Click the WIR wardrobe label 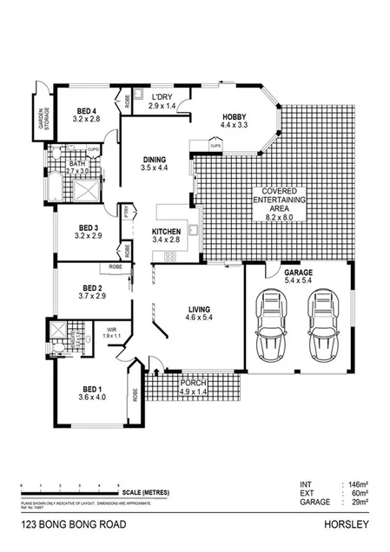coord(111,332)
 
